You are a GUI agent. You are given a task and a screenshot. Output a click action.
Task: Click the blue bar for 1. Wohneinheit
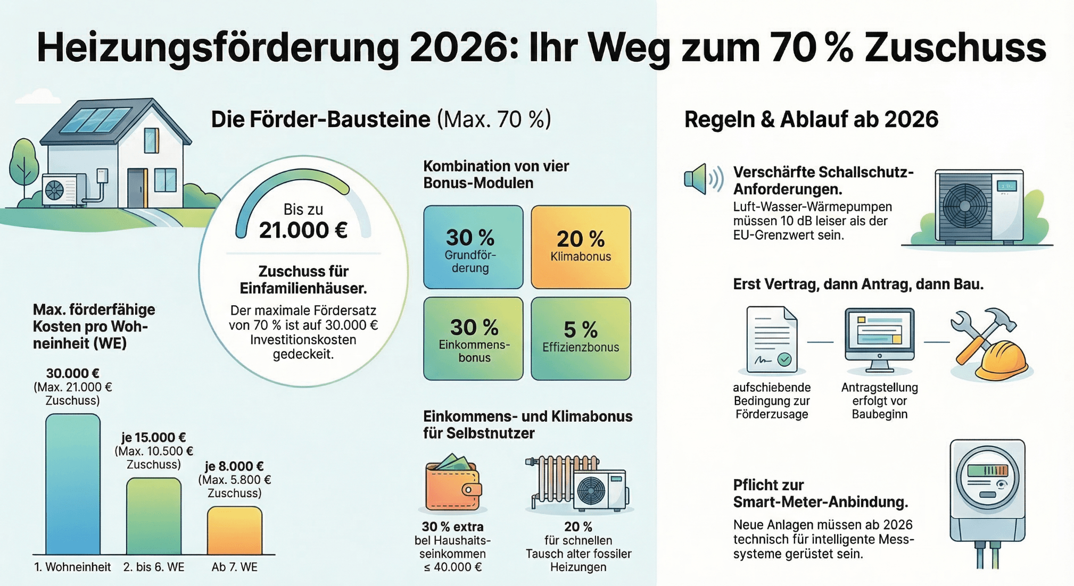(72, 484)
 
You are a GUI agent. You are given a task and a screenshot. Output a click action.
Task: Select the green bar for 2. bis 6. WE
(153, 516)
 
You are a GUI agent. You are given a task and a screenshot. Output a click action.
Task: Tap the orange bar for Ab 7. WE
(234, 530)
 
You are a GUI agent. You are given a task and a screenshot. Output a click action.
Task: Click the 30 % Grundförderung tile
(473, 247)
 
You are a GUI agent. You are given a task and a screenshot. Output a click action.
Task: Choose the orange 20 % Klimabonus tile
(581, 247)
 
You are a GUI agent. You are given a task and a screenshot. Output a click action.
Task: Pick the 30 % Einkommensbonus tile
(473, 339)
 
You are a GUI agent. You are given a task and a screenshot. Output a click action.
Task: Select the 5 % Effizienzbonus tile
(581, 339)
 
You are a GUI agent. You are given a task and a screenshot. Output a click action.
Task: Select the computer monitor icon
(879, 339)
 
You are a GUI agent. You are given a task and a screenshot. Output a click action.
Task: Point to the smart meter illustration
(987, 495)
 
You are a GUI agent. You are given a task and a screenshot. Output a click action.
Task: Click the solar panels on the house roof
(96, 119)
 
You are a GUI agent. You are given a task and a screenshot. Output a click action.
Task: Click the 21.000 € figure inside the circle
(303, 231)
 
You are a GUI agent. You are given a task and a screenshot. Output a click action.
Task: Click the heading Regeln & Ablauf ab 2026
(811, 120)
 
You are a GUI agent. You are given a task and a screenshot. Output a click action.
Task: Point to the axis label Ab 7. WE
(234, 567)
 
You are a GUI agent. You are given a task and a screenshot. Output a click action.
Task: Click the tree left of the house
(24, 162)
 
